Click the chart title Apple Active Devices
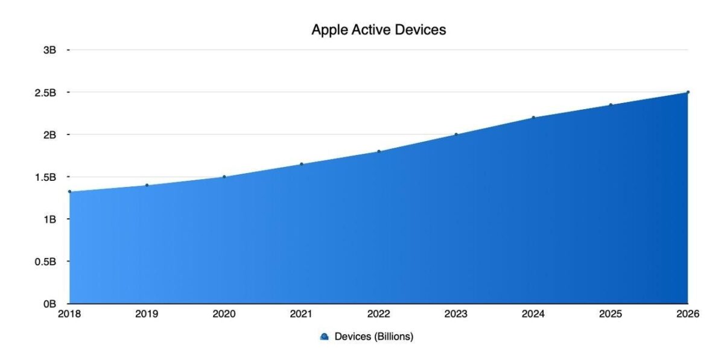point(378,30)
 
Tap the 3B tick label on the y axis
point(49,50)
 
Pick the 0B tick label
point(49,303)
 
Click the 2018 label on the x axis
point(69,314)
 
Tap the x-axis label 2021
point(301,314)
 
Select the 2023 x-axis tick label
point(456,314)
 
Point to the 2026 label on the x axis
point(687,314)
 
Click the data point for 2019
point(147,185)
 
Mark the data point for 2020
point(224,177)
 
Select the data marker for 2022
point(379,151)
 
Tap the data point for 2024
point(533,118)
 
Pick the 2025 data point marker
point(611,105)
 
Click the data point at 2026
point(688,92)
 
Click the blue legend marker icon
point(324,337)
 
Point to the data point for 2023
point(456,134)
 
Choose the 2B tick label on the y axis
point(49,134)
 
